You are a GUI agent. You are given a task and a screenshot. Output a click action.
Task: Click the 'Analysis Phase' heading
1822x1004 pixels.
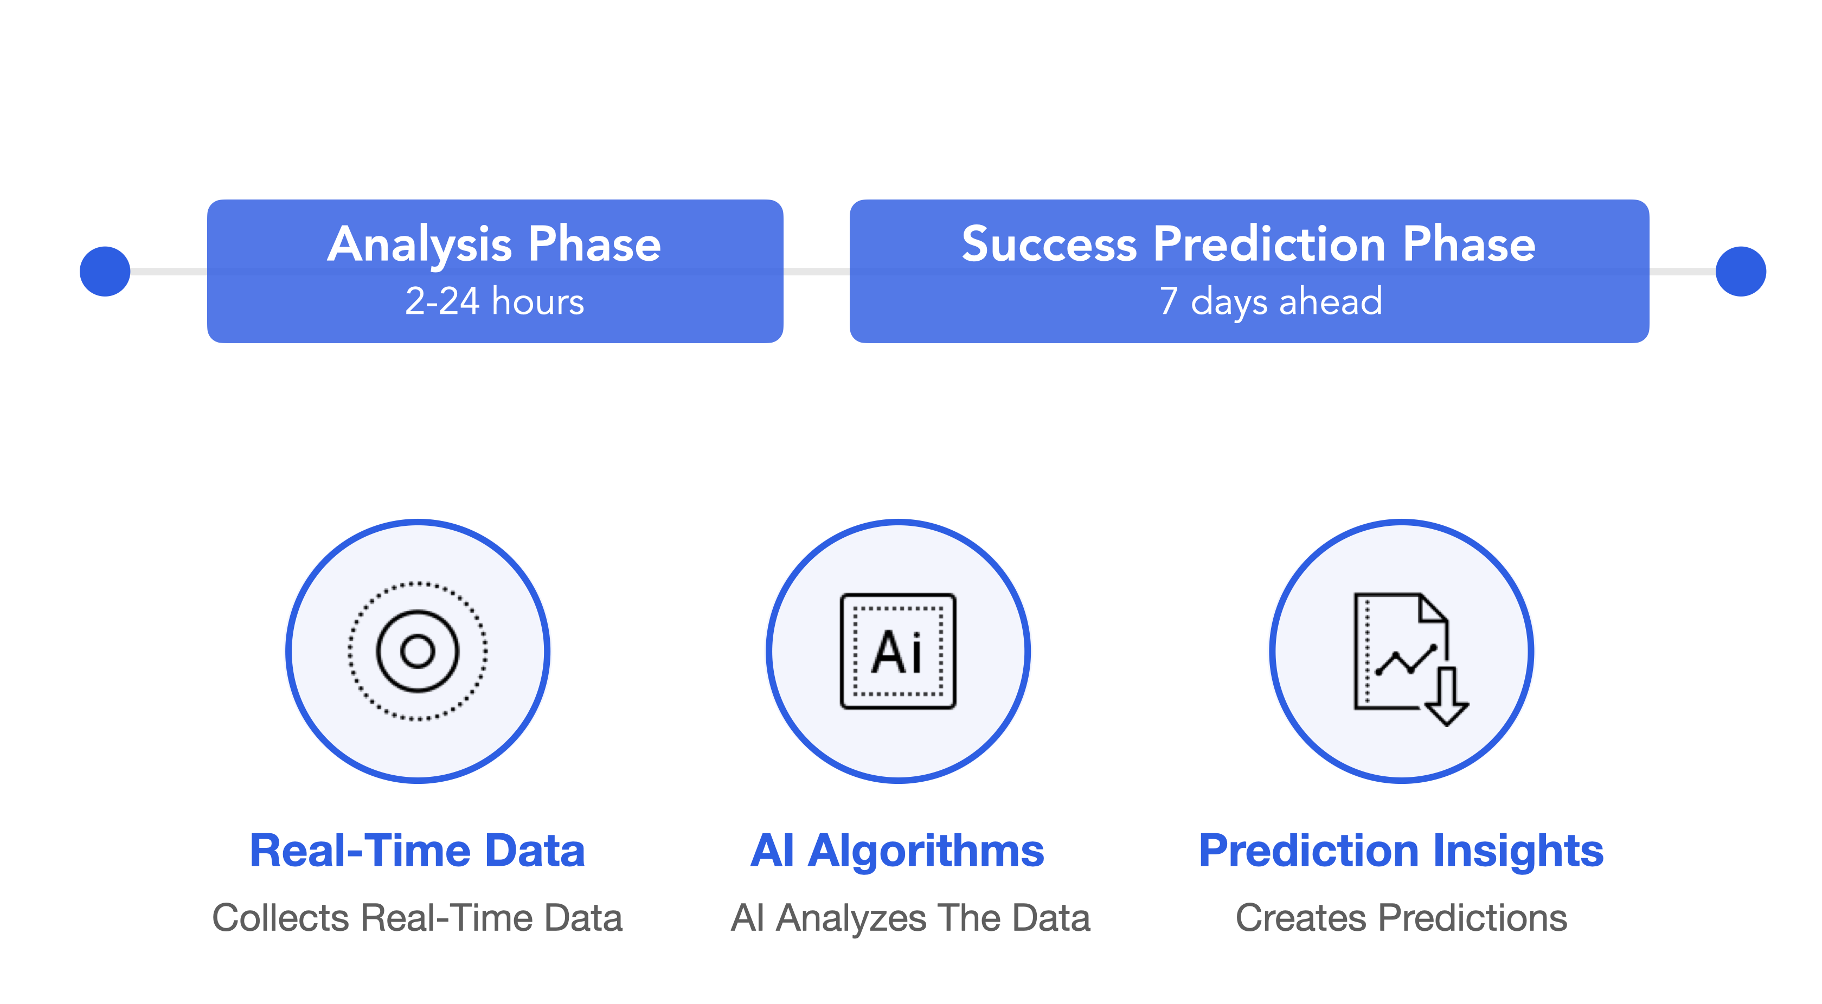point(495,244)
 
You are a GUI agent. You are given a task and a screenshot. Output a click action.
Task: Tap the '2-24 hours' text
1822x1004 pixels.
point(495,301)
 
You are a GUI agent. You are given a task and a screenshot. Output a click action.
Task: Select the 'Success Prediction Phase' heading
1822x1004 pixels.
point(1248,244)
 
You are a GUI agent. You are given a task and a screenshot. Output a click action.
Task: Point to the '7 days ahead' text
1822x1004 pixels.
point(1271,302)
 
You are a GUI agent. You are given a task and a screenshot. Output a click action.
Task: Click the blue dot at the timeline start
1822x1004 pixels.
point(105,272)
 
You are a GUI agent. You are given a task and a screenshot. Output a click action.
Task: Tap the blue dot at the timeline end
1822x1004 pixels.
point(1741,272)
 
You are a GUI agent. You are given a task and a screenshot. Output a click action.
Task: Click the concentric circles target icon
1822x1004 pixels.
point(418,651)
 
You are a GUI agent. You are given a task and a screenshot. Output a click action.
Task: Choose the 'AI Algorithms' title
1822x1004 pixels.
point(897,851)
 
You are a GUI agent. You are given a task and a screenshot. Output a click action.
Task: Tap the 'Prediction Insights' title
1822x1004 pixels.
point(1401,851)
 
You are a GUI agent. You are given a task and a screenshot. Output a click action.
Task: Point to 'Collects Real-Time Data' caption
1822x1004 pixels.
point(418,918)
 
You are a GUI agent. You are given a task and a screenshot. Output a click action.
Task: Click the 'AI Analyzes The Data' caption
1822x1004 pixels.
point(910,918)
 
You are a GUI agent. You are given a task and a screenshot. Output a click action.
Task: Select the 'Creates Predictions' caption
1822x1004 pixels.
point(1401,918)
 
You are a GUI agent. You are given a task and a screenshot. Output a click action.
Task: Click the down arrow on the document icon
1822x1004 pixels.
point(1446,697)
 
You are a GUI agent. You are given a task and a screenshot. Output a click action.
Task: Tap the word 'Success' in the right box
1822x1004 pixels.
point(1049,244)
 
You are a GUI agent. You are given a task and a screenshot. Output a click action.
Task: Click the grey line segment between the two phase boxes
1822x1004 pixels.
point(816,272)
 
